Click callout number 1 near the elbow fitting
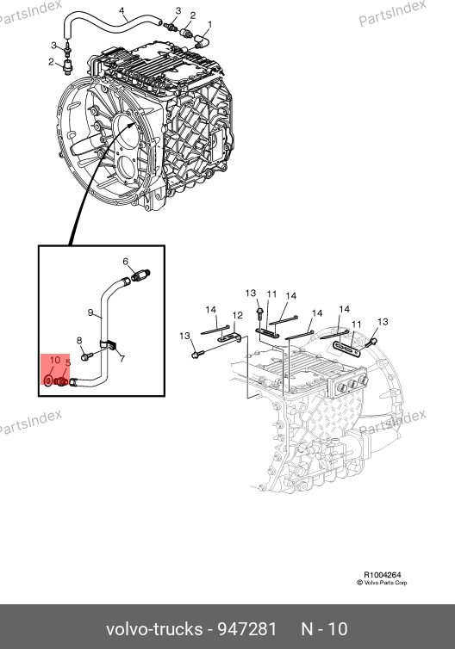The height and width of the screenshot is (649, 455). [x=209, y=25]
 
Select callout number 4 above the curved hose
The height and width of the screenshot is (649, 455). [x=122, y=11]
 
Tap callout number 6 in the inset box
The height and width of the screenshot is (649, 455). [x=126, y=262]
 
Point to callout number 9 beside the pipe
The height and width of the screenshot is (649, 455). [x=90, y=312]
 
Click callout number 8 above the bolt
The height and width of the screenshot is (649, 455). [x=79, y=341]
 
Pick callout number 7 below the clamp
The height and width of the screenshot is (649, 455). [x=122, y=359]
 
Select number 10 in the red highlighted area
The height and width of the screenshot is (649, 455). [x=55, y=360]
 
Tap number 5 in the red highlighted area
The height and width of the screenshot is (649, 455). [x=68, y=363]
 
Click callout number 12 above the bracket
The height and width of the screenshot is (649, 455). [x=237, y=315]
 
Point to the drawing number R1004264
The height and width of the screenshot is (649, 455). [x=383, y=575]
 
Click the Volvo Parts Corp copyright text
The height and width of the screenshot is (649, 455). [x=382, y=583]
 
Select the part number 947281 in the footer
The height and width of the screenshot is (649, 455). [x=247, y=629]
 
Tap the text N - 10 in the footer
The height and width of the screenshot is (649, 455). [x=325, y=629]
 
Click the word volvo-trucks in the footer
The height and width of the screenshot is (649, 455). [x=154, y=629]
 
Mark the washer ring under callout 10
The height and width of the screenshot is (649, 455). [x=48, y=380]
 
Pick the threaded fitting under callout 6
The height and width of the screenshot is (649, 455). [x=140, y=275]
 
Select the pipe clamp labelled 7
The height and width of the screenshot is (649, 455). [x=109, y=345]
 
